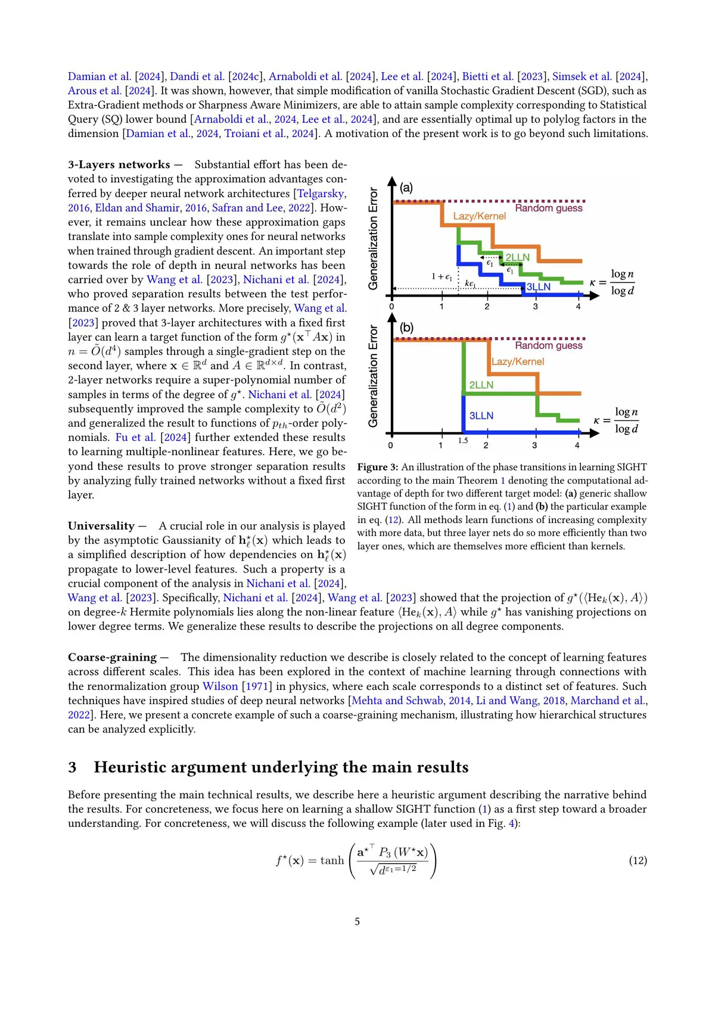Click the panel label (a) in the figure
(406, 188)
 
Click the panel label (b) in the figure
(406, 328)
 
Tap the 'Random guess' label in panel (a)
(549, 209)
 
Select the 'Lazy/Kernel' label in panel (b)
(518, 362)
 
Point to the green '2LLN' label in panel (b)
(481, 385)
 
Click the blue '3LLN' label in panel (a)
(539, 287)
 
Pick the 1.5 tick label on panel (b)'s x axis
(463, 441)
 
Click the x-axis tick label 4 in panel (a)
(578, 307)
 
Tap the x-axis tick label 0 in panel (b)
(391, 446)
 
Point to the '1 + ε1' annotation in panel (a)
(442, 276)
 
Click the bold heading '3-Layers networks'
(119, 164)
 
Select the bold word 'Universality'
(101, 526)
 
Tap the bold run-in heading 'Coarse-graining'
(112, 657)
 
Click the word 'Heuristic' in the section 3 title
(130, 767)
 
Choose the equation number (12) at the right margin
(638, 860)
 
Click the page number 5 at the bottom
(357, 922)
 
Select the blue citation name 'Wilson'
(220, 686)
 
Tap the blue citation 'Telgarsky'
(321, 194)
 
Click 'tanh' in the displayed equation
(332, 860)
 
